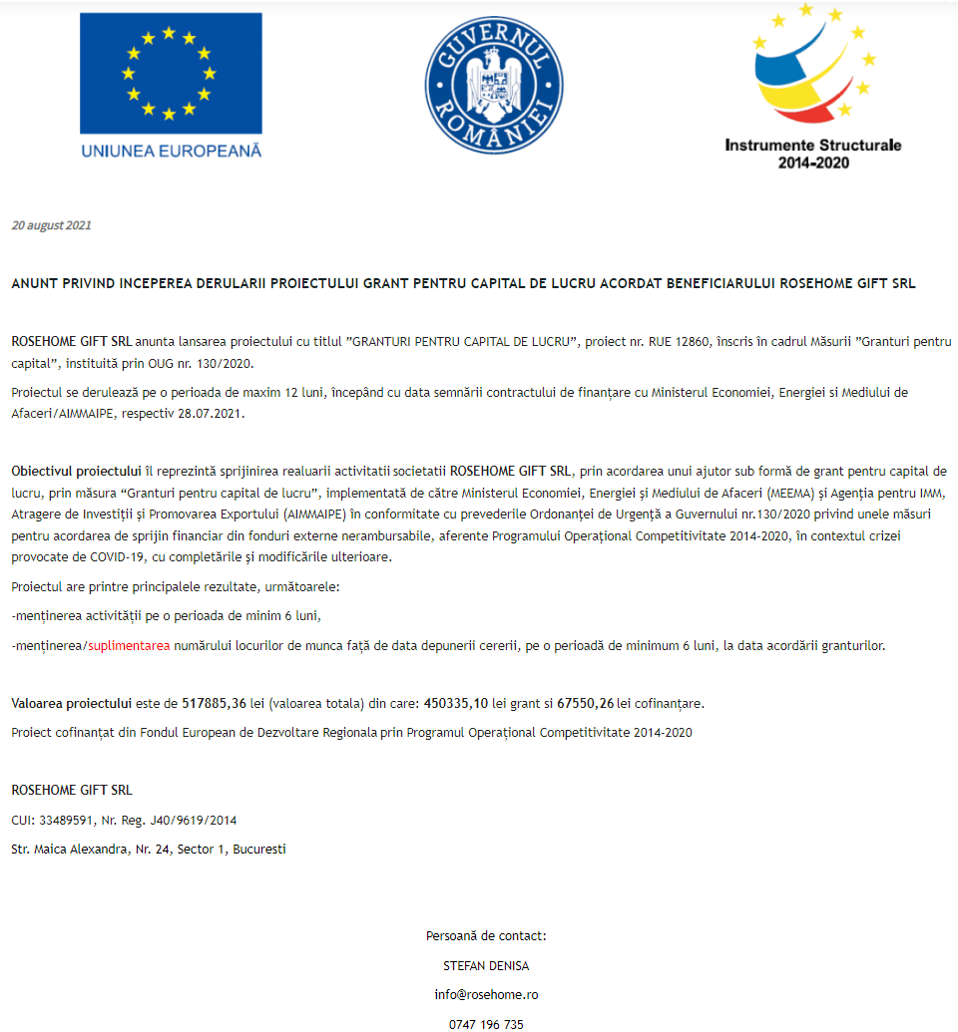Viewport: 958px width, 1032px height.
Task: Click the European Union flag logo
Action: click(171, 74)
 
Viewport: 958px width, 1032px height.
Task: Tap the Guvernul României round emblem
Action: click(494, 85)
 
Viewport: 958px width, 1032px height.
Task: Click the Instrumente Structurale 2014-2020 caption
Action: click(812, 153)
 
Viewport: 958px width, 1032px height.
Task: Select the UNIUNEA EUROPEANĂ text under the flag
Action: click(171, 151)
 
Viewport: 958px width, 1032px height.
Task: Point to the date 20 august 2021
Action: click(51, 225)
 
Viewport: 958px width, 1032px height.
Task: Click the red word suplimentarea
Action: click(129, 646)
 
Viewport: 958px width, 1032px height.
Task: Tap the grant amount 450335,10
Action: click(456, 703)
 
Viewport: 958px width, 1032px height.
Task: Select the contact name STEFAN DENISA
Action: click(486, 966)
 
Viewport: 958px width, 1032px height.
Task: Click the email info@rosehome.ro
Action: click(486, 995)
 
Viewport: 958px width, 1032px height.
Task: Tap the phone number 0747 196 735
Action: click(486, 1024)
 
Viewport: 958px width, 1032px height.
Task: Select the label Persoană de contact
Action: click(486, 936)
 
